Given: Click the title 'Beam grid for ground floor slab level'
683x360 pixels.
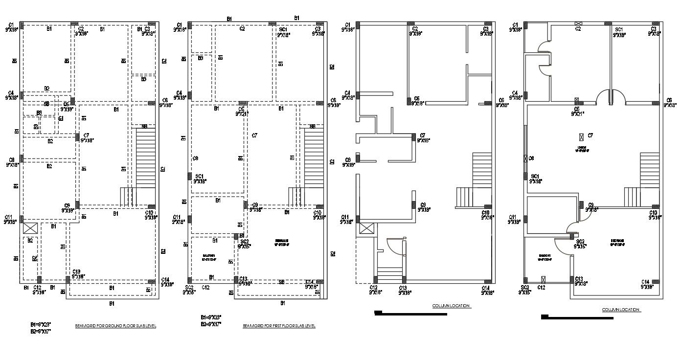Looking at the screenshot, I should tap(115, 326).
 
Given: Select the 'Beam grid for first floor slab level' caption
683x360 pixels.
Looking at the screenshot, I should tap(279, 326).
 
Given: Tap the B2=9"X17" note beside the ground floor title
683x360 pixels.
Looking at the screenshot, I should tap(41, 331).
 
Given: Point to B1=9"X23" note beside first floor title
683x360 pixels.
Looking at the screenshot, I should tap(211, 317).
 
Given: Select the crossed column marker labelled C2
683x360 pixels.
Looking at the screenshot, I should tap(578, 23).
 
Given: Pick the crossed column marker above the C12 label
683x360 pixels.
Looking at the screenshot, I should tap(543, 279).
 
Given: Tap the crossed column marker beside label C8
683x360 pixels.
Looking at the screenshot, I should tap(525, 158).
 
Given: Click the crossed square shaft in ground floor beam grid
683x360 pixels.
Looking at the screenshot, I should tap(30, 228).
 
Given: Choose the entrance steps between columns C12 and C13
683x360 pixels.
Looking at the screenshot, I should tap(390, 274).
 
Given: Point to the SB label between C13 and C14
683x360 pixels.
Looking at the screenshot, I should tap(281, 282).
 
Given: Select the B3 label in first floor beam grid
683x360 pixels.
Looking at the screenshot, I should tap(201, 58).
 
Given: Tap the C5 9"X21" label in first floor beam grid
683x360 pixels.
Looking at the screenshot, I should tap(242, 112).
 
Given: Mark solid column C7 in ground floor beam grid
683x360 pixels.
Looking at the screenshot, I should tap(77, 136).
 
